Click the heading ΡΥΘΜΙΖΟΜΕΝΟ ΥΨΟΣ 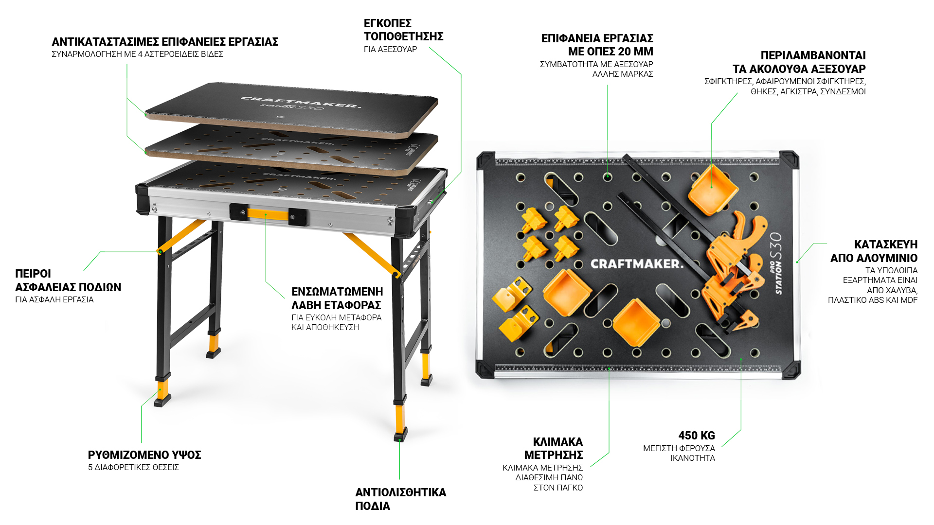pos(144,455)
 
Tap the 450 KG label pos(697,436)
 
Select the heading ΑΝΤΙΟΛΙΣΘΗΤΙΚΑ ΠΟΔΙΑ pos(401,499)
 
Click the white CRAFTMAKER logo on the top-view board pos(637,264)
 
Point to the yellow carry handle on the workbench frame pos(268,214)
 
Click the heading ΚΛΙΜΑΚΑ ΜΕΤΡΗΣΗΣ pos(554,448)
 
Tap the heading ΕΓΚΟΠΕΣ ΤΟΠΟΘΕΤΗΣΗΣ pos(404,30)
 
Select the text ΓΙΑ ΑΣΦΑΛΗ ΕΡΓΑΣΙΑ pos(54,300)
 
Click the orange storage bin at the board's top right pos(713,191)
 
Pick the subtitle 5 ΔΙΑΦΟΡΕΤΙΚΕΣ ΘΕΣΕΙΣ pos(133,468)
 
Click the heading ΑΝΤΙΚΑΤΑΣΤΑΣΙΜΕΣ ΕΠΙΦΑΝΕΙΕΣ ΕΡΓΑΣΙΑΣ pos(165,42)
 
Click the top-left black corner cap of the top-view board pos(485,160)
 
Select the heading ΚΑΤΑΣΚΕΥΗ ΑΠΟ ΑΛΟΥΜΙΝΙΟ pos(874,251)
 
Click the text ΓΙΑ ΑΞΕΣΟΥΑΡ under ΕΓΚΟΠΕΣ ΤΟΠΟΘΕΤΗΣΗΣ pos(390,50)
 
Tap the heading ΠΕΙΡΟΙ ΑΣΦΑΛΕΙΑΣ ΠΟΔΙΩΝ pos(68,280)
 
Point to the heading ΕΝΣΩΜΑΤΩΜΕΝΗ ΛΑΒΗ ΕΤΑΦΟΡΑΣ pos(337,298)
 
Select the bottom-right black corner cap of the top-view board pos(791,370)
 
